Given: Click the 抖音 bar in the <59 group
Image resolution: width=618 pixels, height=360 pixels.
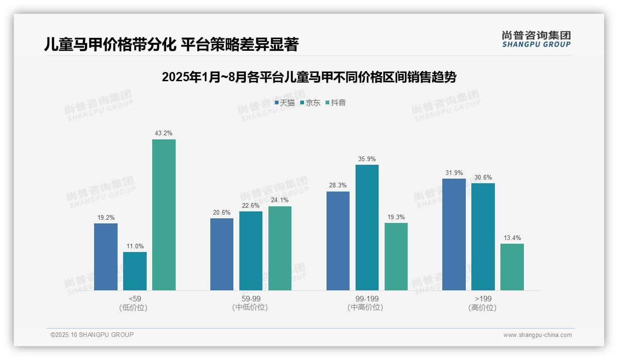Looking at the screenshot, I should (x=164, y=215).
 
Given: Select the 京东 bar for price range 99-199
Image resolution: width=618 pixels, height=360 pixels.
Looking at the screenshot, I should (x=367, y=228).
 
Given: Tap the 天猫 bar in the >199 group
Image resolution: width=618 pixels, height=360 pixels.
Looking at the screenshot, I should (x=454, y=234).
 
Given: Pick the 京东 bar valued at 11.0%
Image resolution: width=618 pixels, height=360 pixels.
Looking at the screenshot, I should (x=135, y=271).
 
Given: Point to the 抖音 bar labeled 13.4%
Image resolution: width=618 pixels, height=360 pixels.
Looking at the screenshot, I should (x=512, y=267).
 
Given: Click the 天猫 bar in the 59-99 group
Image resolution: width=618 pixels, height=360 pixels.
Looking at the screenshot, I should (x=222, y=254).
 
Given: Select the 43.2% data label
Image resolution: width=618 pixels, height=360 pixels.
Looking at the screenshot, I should (x=164, y=133).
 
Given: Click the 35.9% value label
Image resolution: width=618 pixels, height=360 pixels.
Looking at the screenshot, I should (x=367, y=159).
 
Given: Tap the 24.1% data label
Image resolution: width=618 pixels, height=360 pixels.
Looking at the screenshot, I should (x=280, y=200).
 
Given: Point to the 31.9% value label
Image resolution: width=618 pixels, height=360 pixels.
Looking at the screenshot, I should (x=454, y=173).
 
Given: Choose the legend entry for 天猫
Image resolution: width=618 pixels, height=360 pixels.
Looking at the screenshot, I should (x=285, y=103).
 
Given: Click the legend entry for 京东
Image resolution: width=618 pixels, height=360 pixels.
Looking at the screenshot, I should (x=310, y=103).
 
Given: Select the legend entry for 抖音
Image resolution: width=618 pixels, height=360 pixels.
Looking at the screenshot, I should (x=336, y=103).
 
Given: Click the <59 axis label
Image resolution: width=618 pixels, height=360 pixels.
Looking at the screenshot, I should (x=135, y=299).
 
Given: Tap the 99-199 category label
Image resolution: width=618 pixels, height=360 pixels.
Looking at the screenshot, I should (x=367, y=299).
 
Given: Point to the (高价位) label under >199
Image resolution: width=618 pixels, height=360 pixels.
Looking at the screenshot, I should (x=483, y=308).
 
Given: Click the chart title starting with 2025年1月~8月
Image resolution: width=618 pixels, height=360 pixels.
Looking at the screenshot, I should (x=309, y=77).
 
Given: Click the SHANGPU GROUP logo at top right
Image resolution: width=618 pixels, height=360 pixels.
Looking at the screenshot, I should (x=536, y=39).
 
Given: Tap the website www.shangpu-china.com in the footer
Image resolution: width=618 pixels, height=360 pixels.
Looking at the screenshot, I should (x=537, y=335).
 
